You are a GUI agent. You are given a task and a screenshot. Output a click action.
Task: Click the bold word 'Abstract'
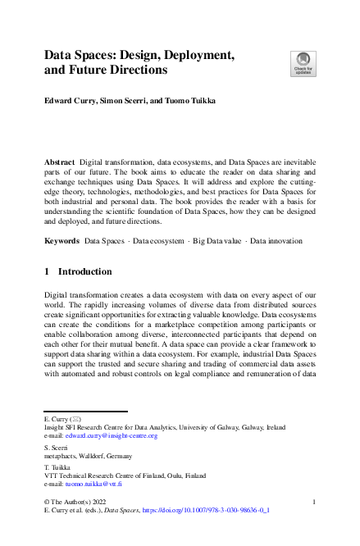[59, 163]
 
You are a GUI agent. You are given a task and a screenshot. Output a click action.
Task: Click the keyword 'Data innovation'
[276, 241]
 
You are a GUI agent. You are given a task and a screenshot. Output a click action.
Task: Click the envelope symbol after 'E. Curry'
[76, 418]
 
